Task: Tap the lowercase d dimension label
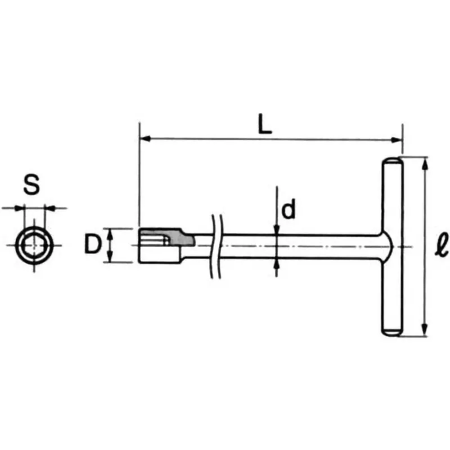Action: click(288, 210)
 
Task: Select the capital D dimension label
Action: click(93, 245)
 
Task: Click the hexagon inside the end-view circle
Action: click(34, 246)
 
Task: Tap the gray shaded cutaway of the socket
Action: click(179, 238)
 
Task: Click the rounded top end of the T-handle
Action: click(393, 163)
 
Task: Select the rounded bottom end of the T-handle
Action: click(393, 332)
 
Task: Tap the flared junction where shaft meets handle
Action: click(381, 246)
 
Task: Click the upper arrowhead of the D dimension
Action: click(110, 232)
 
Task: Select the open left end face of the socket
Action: click(139, 245)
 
